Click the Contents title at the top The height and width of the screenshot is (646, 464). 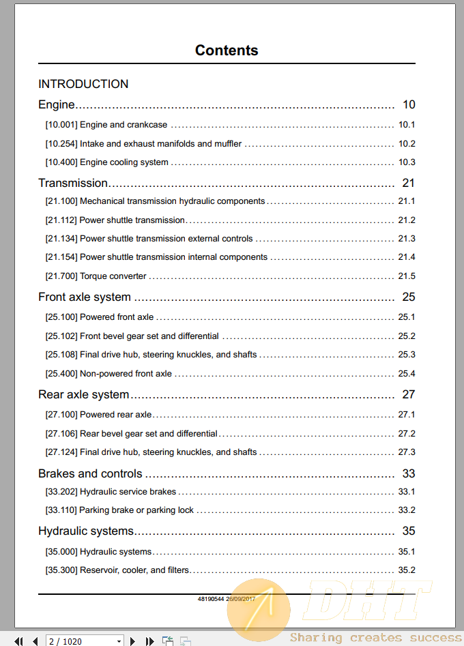tap(227, 50)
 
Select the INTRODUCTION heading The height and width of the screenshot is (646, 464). tap(83, 84)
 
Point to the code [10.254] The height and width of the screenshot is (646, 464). tap(61, 144)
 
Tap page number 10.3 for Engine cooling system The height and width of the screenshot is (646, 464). tap(407, 162)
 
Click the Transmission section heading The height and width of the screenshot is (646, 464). tap(73, 183)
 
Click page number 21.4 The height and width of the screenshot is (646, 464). tap(407, 257)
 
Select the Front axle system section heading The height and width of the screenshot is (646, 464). tap(85, 297)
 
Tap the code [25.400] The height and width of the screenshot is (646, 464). tap(61, 374)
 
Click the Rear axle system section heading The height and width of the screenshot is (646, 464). tap(83, 394)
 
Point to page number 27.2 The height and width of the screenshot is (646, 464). tap(407, 434)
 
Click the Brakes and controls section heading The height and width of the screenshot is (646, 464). tap(90, 473)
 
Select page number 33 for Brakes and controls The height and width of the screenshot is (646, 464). tap(409, 473)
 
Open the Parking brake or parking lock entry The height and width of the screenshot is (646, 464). tap(136, 510)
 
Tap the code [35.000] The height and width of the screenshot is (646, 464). tap(61, 552)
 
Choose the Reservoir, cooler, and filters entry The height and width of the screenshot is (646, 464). tap(134, 570)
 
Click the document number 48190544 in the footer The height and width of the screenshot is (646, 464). tap(210, 598)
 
